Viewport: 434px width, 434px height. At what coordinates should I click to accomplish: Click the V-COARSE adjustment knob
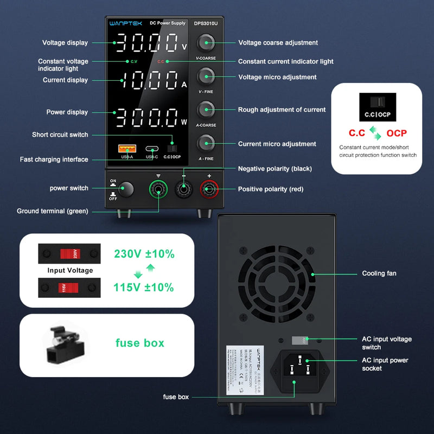pos(206,43)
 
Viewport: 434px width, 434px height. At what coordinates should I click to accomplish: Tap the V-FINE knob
pos(206,76)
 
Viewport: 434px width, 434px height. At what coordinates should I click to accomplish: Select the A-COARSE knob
pos(206,110)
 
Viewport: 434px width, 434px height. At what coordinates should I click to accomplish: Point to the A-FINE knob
pos(206,143)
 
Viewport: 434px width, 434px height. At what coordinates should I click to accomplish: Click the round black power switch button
pos(126,189)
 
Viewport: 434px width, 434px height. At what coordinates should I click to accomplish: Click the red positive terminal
pos(209,190)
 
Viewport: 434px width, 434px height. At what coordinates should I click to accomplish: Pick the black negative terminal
pos(184,190)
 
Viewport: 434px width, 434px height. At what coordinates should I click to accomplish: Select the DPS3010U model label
pos(206,23)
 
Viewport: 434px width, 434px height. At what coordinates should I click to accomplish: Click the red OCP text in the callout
pos(397,133)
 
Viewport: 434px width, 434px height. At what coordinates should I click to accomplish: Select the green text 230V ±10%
pos(144,254)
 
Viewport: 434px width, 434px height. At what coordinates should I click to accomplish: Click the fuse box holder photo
pos(61,343)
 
